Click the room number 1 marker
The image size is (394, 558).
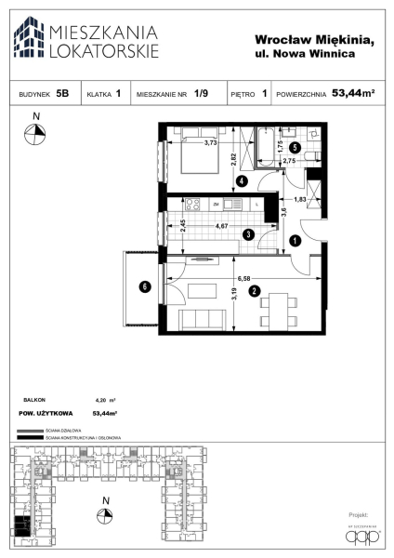(295, 241)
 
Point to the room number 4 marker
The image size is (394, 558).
(242, 180)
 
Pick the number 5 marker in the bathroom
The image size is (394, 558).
(295, 147)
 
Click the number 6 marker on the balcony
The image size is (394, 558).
(144, 286)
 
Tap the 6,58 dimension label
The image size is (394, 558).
(245, 277)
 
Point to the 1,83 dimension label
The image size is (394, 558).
(300, 199)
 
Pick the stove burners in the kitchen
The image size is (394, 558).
(194, 203)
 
